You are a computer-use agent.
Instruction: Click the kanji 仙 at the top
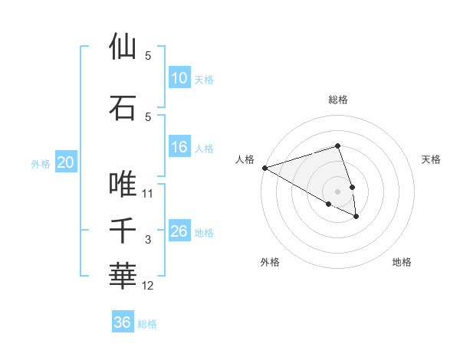coord(123,47)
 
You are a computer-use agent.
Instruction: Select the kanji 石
coord(123,107)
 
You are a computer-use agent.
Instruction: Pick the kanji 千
coord(123,231)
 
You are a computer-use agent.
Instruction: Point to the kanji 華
coord(123,277)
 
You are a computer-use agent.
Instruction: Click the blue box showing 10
coord(179,78)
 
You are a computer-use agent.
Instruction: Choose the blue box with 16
coord(179,147)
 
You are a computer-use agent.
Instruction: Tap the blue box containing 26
coord(179,231)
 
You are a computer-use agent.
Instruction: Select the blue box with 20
coord(66,162)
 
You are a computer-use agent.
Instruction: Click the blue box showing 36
coord(123,322)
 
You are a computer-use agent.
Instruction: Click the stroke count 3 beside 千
coord(148,240)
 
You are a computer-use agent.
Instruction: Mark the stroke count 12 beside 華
coord(148,286)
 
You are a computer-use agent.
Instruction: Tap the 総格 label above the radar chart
coord(338,100)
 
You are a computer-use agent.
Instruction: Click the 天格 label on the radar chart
coord(432,159)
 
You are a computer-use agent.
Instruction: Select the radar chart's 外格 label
coord(270,262)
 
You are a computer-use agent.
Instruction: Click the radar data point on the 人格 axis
coord(264,168)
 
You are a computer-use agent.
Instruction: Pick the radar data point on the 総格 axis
coord(338,146)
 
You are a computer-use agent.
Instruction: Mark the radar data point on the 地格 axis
coord(356,217)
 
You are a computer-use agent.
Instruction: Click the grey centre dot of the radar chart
coord(338,191)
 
